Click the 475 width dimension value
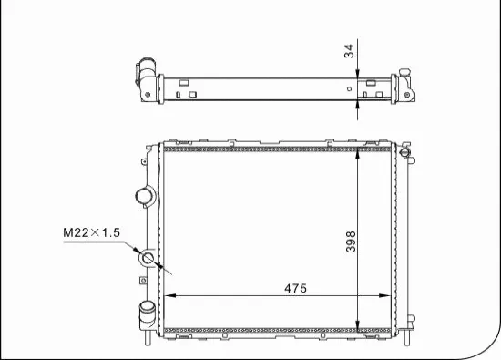coord(292,288)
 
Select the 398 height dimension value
coord(351,241)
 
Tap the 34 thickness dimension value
coord(347,53)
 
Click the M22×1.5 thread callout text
coord(91,233)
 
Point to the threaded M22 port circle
coord(149,262)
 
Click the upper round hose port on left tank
coord(144,196)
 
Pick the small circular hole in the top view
coord(351,88)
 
